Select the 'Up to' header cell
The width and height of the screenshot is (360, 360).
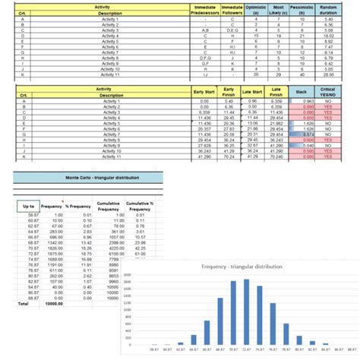[x=28, y=206]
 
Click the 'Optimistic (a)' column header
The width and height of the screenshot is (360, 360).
[x=254, y=9]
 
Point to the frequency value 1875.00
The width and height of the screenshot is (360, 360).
[x=52, y=252]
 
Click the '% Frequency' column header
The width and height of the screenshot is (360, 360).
[x=77, y=206]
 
